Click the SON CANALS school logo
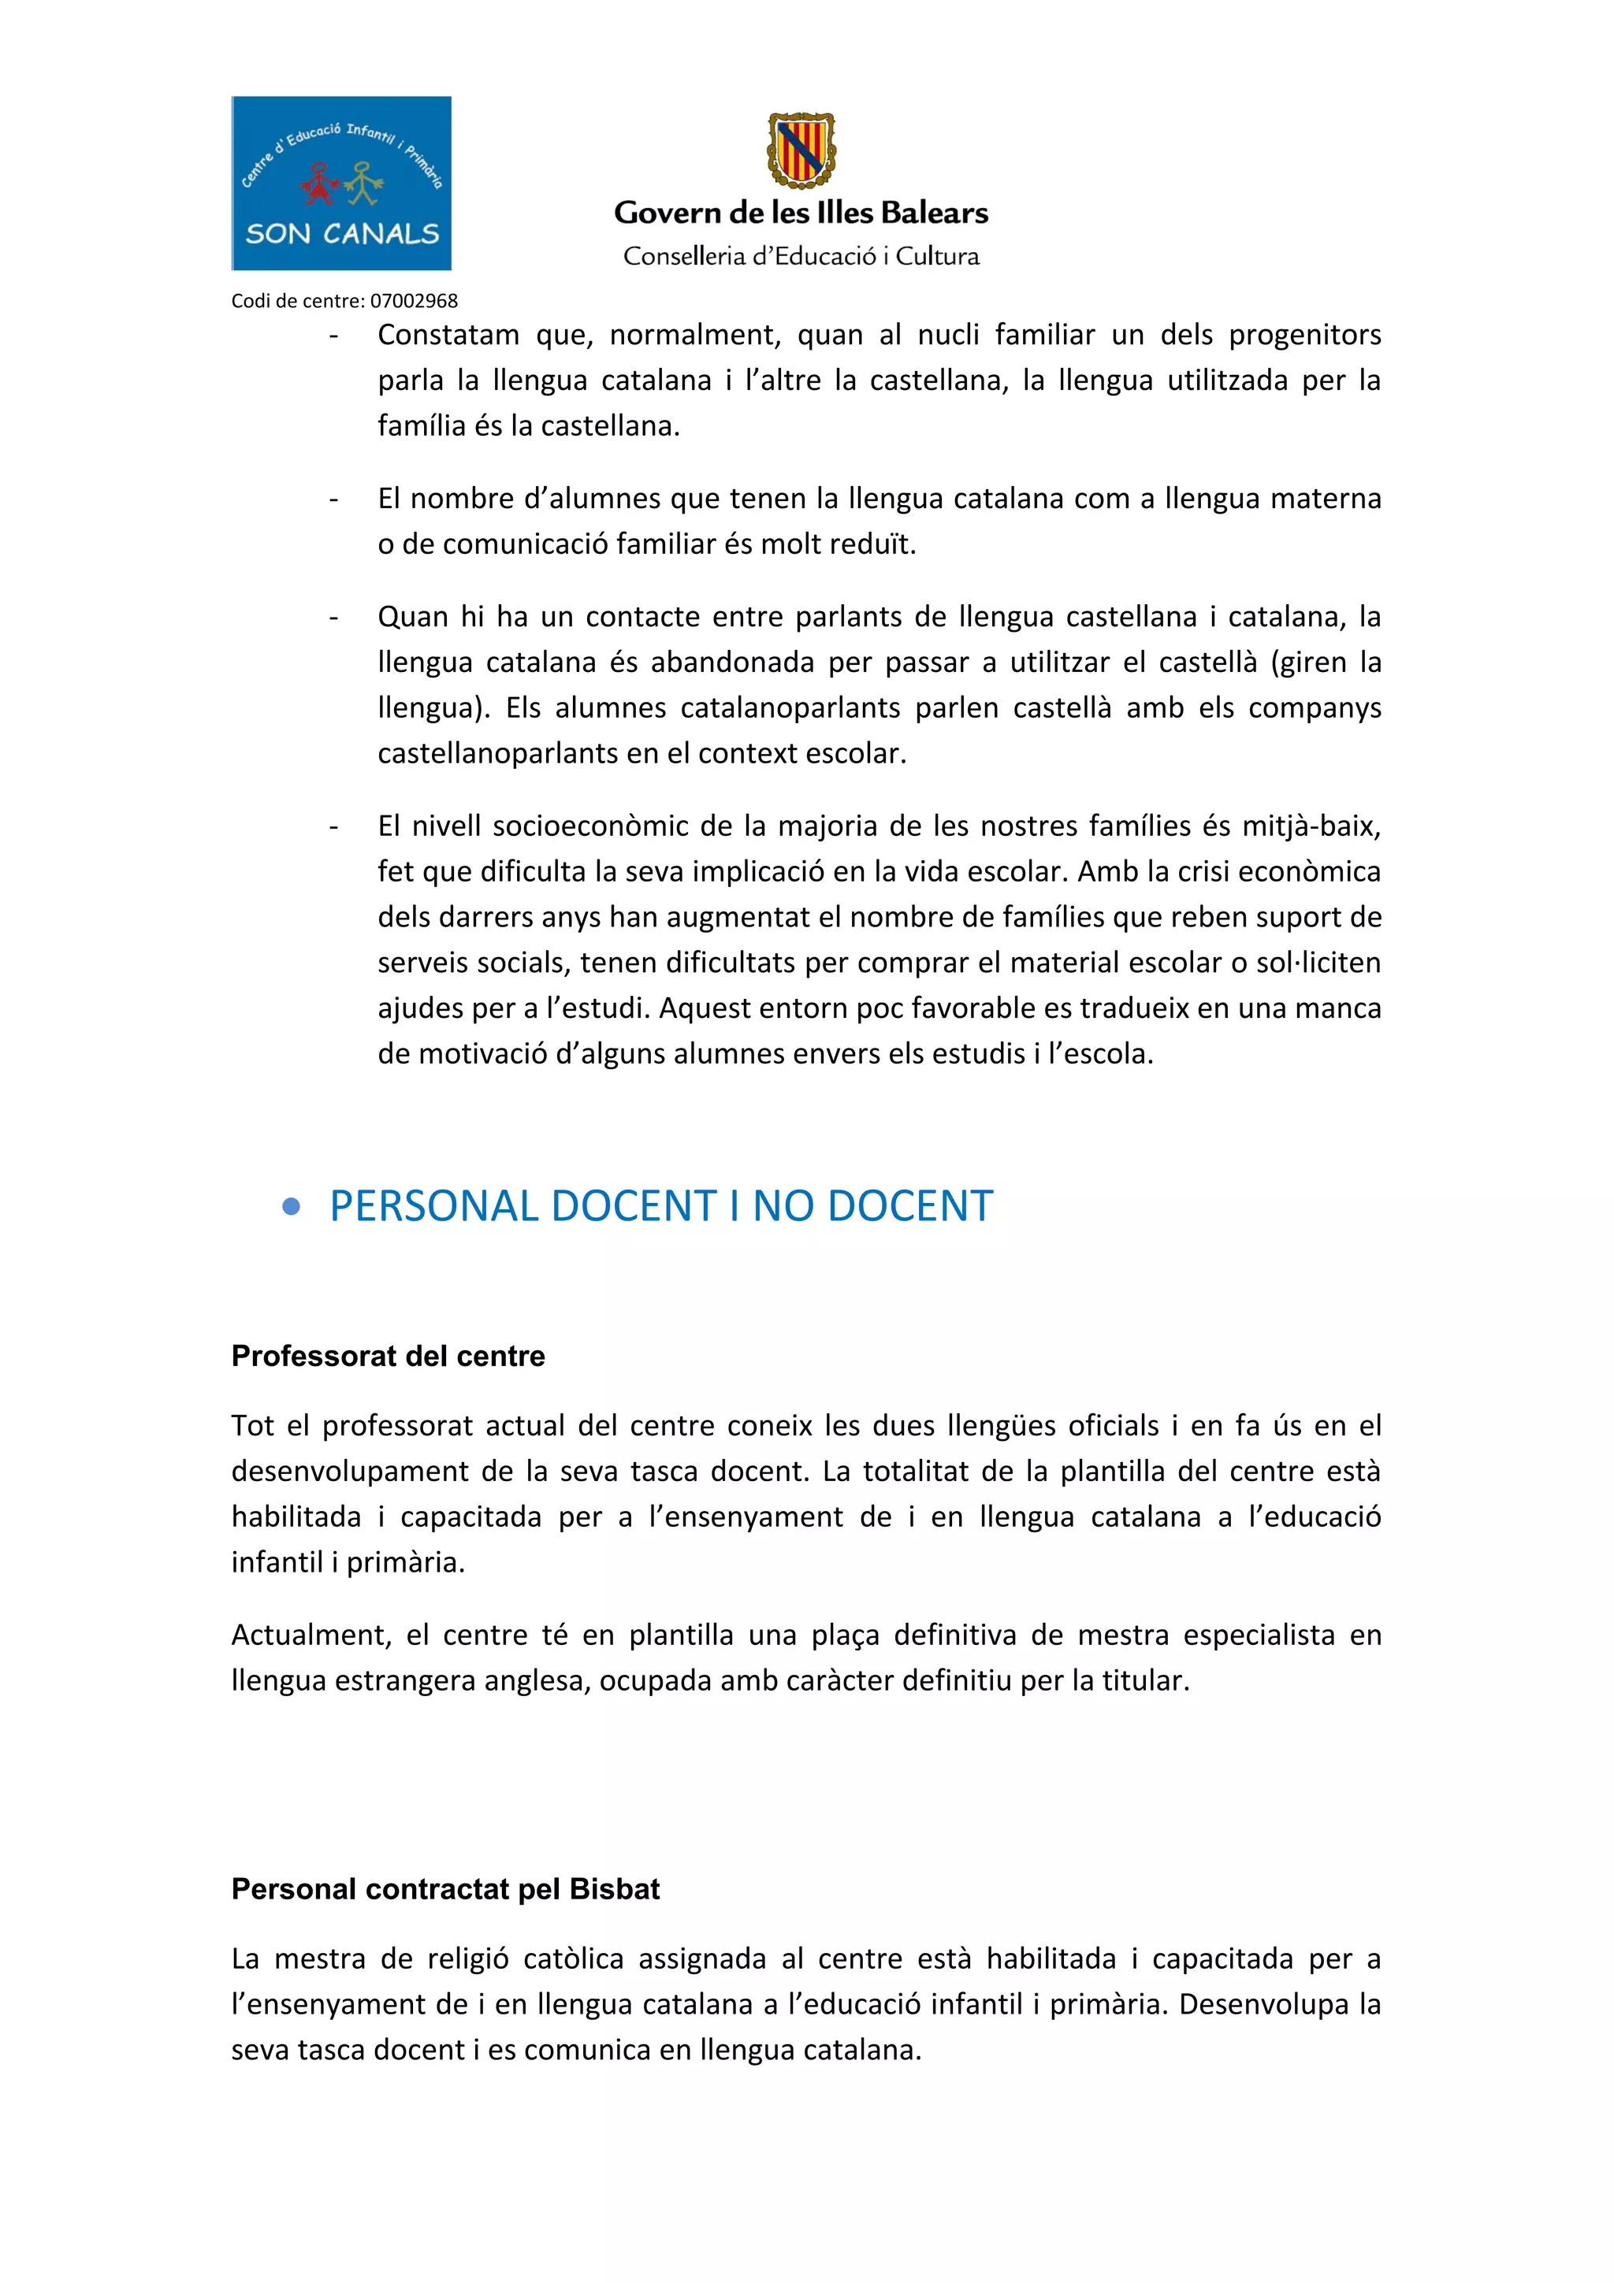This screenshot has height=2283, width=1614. [x=341, y=183]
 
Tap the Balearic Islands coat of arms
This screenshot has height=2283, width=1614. [x=801, y=150]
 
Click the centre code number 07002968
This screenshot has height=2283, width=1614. [x=414, y=300]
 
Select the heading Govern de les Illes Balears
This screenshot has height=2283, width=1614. [x=801, y=213]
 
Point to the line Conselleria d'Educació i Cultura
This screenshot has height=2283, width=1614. [x=801, y=257]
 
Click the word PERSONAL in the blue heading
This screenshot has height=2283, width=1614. [x=434, y=1206]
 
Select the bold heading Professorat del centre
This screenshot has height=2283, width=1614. [x=388, y=1357]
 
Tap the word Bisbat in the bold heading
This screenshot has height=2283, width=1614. [x=614, y=1889]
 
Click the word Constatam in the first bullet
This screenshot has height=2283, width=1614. [x=448, y=335]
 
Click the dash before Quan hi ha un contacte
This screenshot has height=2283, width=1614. [x=333, y=618]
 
